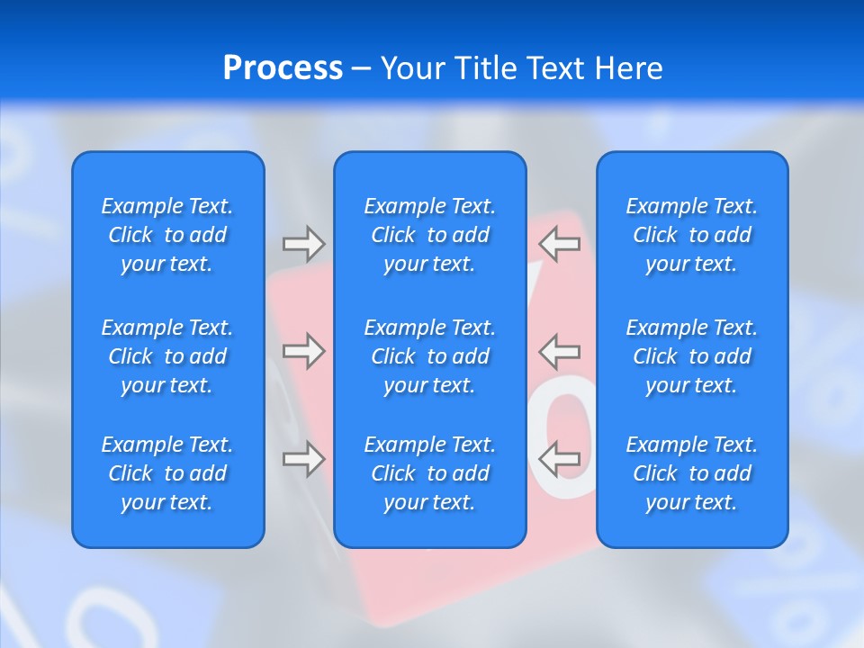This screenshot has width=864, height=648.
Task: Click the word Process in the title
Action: (x=283, y=68)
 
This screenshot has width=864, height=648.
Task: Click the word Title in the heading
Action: (x=486, y=68)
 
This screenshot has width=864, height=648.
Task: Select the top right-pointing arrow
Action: (x=303, y=243)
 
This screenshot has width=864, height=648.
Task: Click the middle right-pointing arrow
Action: (x=303, y=351)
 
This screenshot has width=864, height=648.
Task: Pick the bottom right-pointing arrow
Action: (x=303, y=459)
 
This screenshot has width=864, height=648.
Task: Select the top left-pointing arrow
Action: (x=560, y=243)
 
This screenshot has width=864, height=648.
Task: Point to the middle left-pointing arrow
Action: (x=560, y=351)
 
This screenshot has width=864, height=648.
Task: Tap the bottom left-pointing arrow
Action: (x=560, y=459)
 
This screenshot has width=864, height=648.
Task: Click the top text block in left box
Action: (x=167, y=235)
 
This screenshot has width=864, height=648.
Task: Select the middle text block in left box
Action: (x=167, y=356)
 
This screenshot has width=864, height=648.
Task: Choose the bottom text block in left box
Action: (x=167, y=473)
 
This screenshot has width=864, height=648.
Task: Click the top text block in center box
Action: (x=430, y=235)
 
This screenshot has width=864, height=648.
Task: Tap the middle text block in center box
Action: (x=430, y=356)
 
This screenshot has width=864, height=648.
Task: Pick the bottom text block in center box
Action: (x=430, y=473)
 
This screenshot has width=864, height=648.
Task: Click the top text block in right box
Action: (x=692, y=235)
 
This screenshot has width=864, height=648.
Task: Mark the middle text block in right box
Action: (x=692, y=356)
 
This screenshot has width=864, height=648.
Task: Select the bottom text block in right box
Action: (x=692, y=473)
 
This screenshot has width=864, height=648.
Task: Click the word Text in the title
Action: (x=556, y=68)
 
